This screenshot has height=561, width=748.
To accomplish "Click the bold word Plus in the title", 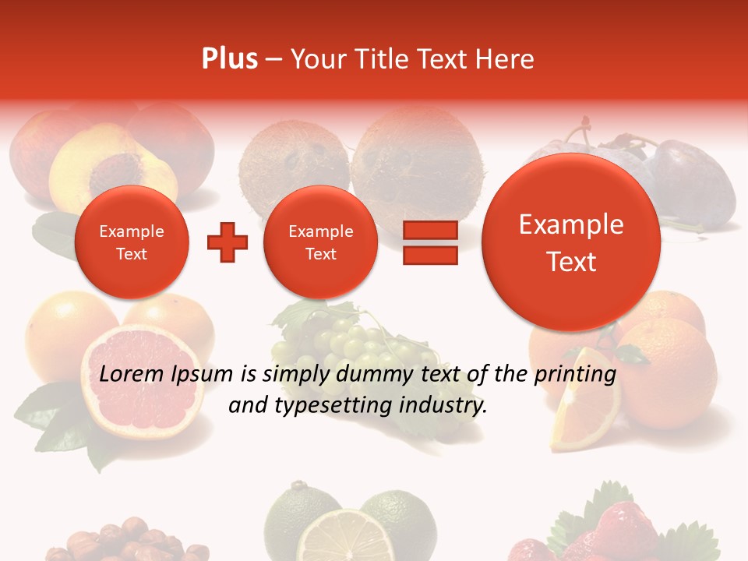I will [x=229, y=59].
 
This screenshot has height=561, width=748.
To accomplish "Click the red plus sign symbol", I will [x=228, y=242].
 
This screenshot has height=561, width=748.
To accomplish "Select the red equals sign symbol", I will [x=430, y=242].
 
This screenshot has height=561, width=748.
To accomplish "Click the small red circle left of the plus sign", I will [x=131, y=242].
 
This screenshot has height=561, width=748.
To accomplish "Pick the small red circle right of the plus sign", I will [x=320, y=242].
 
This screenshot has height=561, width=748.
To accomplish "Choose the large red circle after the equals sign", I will [x=571, y=242].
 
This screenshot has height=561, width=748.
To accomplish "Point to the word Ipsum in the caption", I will [x=201, y=375].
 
